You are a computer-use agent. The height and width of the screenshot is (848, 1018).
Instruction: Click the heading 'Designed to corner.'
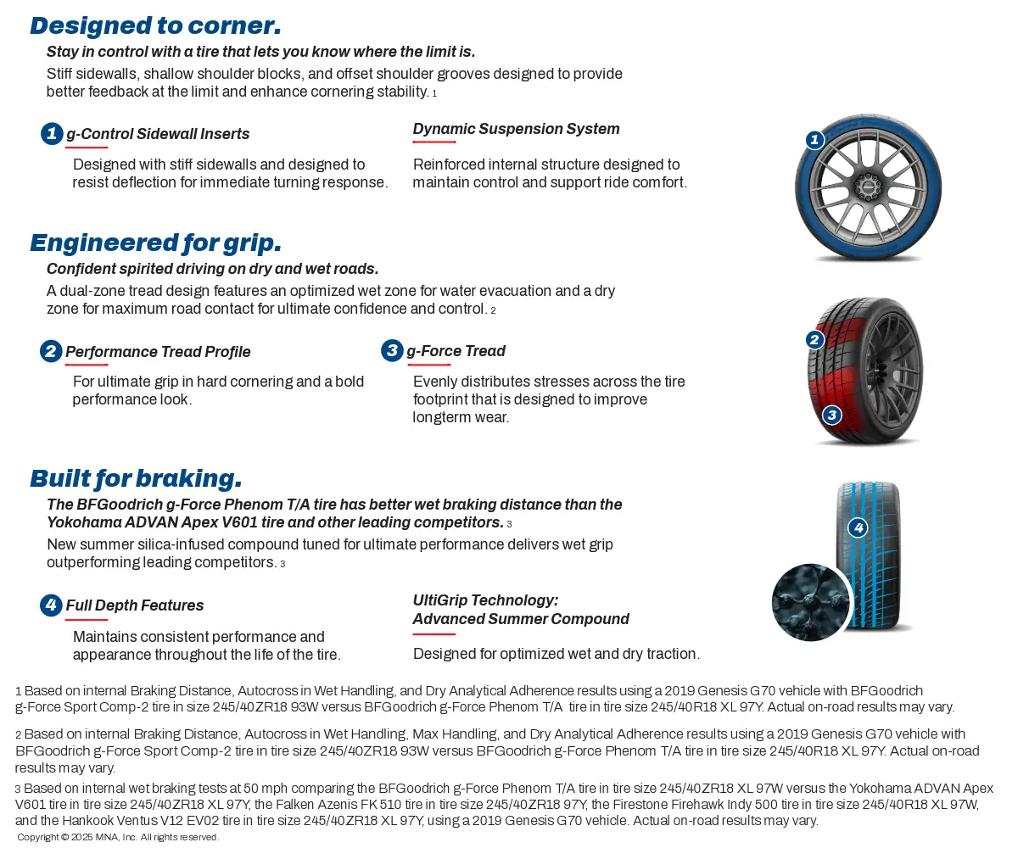point(155,25)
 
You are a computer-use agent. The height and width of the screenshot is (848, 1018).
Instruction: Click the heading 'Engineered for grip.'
point(155,243)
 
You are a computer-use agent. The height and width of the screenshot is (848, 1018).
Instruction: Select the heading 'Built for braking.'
point(136,478)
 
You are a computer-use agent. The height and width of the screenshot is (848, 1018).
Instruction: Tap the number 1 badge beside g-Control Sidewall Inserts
point(52,133)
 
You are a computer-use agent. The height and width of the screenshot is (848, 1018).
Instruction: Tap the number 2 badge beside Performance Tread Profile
point(51,351)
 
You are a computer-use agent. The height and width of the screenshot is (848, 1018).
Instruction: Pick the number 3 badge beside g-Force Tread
point(392,350)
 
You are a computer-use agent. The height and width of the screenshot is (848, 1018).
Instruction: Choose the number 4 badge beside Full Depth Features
point(51,605)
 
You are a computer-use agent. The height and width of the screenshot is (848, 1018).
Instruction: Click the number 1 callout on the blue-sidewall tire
point(814,140)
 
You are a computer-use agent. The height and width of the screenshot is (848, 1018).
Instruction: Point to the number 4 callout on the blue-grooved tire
point(859,527)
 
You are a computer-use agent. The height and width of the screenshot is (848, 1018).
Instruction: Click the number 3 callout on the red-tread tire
point(832,415)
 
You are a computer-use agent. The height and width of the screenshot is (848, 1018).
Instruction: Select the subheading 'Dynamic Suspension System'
point(516,129)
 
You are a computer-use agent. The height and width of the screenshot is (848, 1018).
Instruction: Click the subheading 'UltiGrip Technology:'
point(485,600)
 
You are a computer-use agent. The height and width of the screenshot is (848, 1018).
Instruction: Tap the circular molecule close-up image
point(811,602)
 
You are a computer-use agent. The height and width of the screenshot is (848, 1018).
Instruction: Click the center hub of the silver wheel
point(866,185)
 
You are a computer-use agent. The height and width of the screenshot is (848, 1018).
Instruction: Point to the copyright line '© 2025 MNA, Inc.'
point(118,838)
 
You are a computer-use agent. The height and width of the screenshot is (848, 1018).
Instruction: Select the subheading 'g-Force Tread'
point(456,351)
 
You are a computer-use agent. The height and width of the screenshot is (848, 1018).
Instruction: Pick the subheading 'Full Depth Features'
point(135,605)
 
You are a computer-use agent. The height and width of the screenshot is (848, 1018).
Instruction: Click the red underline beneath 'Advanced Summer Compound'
point(433,634)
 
